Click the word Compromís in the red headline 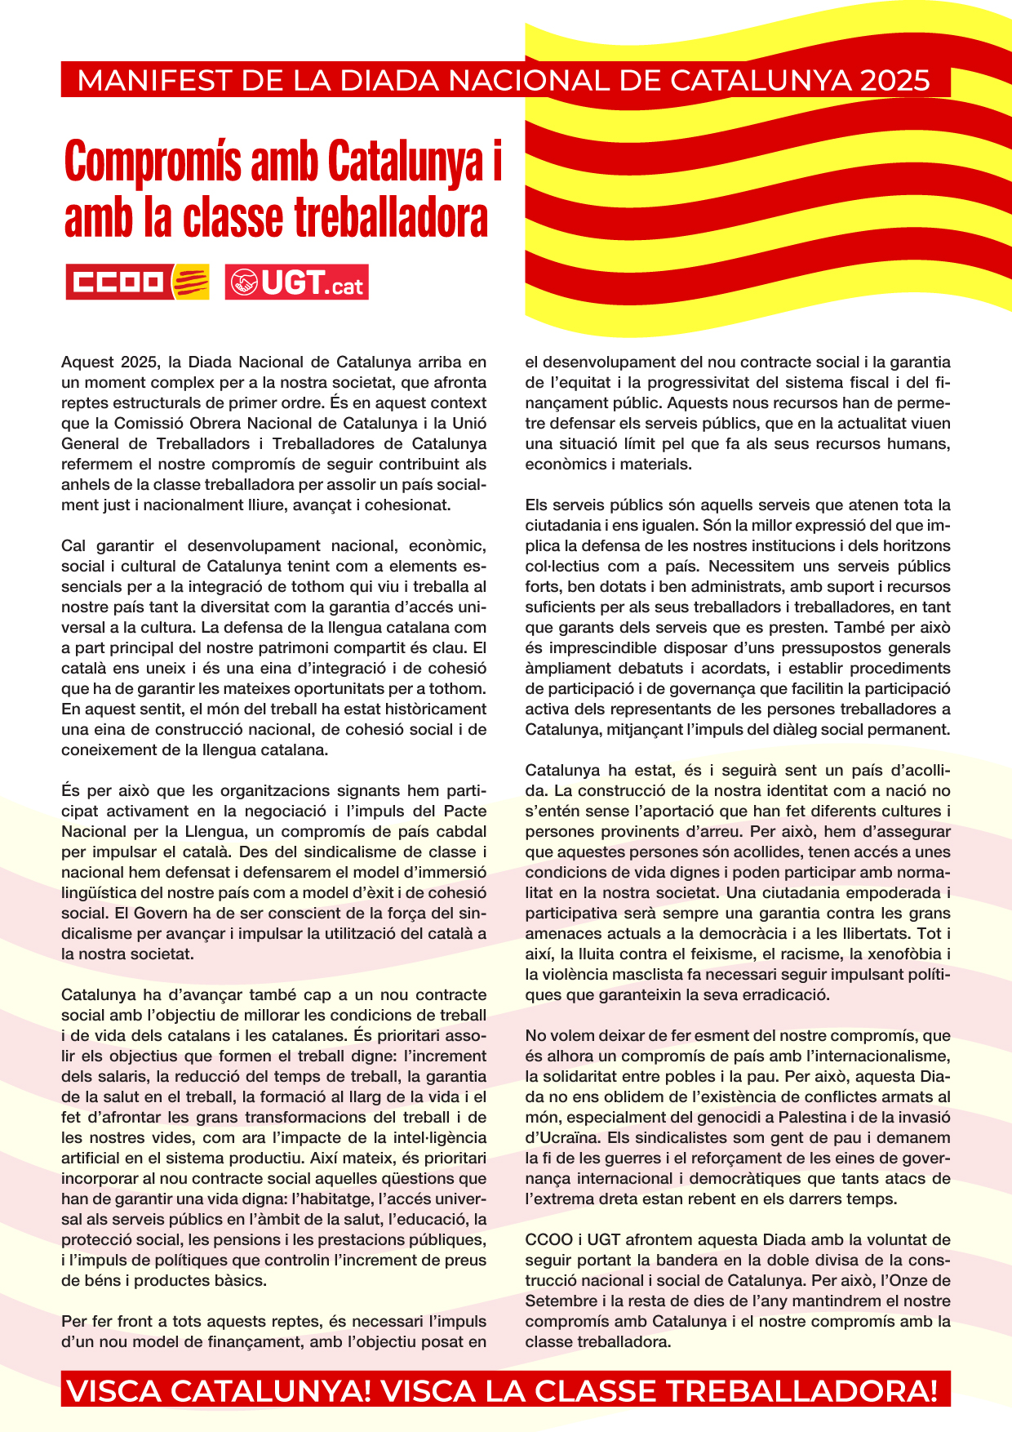point(153,162)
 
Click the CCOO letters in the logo point(118,282)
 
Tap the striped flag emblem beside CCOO point(190,282)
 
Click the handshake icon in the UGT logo point(242,282)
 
